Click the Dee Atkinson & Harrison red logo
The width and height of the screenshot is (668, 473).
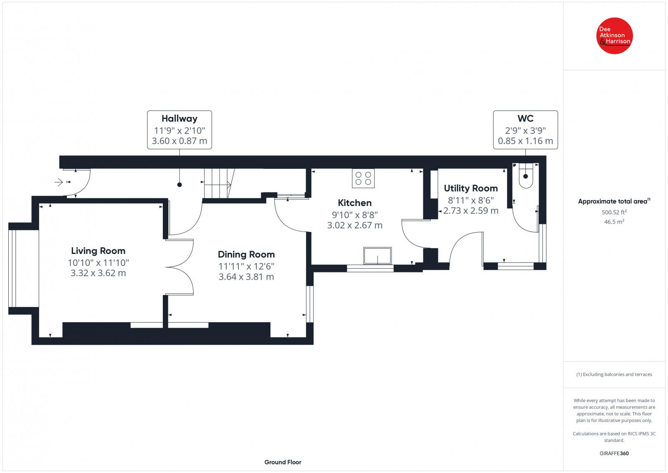point(614,36)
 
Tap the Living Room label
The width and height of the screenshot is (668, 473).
point(98,251)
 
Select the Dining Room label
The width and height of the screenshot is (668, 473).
point(246,254)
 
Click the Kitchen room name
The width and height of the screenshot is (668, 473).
point(354,203)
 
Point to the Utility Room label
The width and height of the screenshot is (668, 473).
point(471,188)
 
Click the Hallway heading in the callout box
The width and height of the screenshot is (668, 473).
point(180,119)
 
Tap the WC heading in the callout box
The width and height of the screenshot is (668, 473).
point(526,119)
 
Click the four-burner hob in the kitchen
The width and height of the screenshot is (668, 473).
point(363,178)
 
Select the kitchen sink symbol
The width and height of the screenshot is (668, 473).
point(377,256)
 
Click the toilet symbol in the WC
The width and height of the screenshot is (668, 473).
point(526,175)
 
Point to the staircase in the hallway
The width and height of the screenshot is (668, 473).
point(219,183)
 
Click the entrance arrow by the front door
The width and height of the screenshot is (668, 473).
point(59,182)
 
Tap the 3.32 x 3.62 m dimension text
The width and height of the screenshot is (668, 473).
point(98,273)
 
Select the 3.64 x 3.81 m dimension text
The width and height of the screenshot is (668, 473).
point(246,277)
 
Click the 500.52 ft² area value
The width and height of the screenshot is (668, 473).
point(614,212)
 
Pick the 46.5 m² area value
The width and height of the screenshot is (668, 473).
point(614,222)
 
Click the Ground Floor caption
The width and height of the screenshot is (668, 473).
point(283,462)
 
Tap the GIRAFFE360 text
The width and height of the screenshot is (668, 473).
point(614,453)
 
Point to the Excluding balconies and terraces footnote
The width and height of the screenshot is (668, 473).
point(614,374)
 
